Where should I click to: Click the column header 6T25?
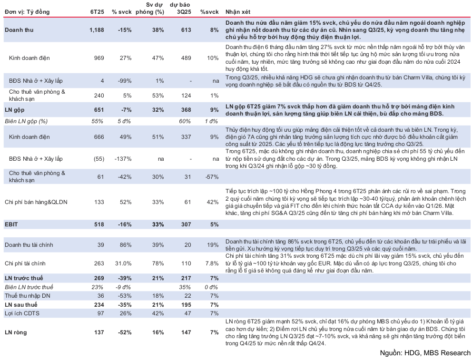pos(98,11)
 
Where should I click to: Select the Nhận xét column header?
pos(238,11)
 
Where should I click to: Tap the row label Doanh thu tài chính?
pos(29,245)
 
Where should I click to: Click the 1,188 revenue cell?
pos(96,30)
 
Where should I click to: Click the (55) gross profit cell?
pos(98,157)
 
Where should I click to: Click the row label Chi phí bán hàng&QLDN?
pos(36,202)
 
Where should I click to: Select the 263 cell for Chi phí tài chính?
pos(98,263)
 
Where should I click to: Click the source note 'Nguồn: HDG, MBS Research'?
pos(425,353)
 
